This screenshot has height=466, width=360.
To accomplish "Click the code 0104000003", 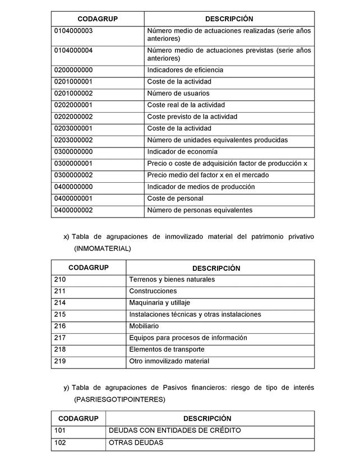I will (x=73, y=31).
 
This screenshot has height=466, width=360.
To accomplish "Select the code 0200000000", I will (x=73, y=70).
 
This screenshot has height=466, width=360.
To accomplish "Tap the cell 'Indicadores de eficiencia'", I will (x=185, y=70).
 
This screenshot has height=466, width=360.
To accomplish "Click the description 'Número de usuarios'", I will (x=178, y=94).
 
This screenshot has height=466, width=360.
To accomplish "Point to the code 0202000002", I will (x=73, y=117).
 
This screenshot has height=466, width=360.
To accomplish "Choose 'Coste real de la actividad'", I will (x=186, y=105).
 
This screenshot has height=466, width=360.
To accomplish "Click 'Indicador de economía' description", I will (x=182, y=152).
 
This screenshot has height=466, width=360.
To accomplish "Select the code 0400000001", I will (x=73, y=199).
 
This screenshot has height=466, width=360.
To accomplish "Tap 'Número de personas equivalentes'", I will (x=200, y=210).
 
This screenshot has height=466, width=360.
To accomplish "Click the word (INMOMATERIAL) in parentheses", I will (x=102, y=247).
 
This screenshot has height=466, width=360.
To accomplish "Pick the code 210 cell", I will (x=61, y=279).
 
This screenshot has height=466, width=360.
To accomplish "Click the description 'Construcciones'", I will (x=153, y=291).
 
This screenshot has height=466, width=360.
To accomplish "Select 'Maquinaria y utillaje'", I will (x=160, y=303).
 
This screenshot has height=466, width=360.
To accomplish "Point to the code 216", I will (x=61, y=326).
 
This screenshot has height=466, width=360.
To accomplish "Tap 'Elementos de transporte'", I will (x=164, y=349).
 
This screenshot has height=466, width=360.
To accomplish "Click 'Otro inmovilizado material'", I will (x=169, y=361).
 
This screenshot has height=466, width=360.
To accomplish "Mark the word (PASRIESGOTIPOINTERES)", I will (x=119, y=400).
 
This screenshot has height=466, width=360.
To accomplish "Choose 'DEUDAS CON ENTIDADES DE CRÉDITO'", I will (x=175, y=430).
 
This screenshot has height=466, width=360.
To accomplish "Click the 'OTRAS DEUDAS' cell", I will (x=136, y=442).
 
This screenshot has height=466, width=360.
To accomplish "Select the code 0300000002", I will (x=73, y=175).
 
